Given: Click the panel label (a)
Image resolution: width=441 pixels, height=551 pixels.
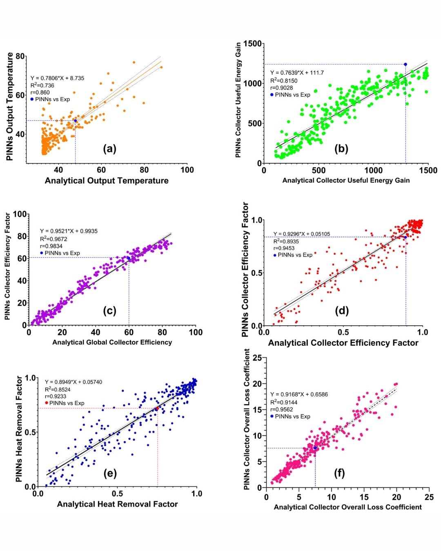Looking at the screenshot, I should (x=109, y=149).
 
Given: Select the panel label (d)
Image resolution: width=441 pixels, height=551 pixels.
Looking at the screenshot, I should (x=342, y=311).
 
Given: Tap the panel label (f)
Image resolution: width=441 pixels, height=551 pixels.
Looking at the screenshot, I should (x=339, y=473).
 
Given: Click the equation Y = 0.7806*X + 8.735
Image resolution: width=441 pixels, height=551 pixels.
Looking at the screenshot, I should (x=57, y=78).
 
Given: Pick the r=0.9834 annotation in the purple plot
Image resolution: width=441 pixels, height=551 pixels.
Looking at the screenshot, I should (x=51, y=246).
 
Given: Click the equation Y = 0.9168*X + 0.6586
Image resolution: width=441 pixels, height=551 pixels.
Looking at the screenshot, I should (x=299, y=394).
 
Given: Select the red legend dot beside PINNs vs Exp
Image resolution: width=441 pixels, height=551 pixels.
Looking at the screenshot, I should (x=47, y=403).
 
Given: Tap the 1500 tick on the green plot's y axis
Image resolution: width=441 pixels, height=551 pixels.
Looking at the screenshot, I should (x=253, y=44).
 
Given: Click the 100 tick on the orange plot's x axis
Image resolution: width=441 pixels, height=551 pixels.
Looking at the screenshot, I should (x=187, y=170).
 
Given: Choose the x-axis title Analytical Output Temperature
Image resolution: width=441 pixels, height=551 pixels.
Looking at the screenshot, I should (x=107, y=180).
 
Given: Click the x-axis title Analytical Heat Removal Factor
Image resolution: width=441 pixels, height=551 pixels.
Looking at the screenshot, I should (x=117, y=504).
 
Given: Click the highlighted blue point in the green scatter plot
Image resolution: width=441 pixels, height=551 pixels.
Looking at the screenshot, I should (x=405, y=64).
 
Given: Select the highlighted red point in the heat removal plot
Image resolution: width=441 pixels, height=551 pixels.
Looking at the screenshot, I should (x=157, y=408).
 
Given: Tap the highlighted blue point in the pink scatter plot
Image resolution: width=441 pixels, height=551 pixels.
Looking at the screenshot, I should (x=315, y=448).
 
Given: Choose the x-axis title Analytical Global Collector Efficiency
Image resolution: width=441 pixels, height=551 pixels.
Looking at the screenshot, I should (x=112, y=342).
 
